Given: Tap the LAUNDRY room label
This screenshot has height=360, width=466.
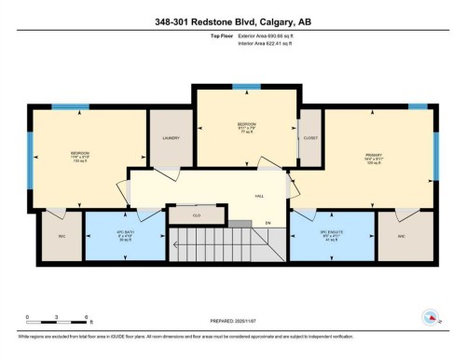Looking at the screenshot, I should coord(171,138).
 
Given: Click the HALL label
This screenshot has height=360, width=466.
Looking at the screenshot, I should coord(260,196).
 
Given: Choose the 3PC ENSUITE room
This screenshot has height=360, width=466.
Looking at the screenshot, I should coord(330,236).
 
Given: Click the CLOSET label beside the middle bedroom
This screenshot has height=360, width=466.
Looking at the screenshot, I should coord(310,138).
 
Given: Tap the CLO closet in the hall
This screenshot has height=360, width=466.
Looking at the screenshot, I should coord(196,215).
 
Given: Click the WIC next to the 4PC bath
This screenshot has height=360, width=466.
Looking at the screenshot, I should coord(62,236).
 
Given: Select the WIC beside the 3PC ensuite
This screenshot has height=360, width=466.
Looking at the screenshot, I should coord(402,236).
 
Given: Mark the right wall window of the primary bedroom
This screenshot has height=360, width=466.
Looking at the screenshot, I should coord(435,155).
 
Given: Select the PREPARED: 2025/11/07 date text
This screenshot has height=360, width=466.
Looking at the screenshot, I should coord(233,322).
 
